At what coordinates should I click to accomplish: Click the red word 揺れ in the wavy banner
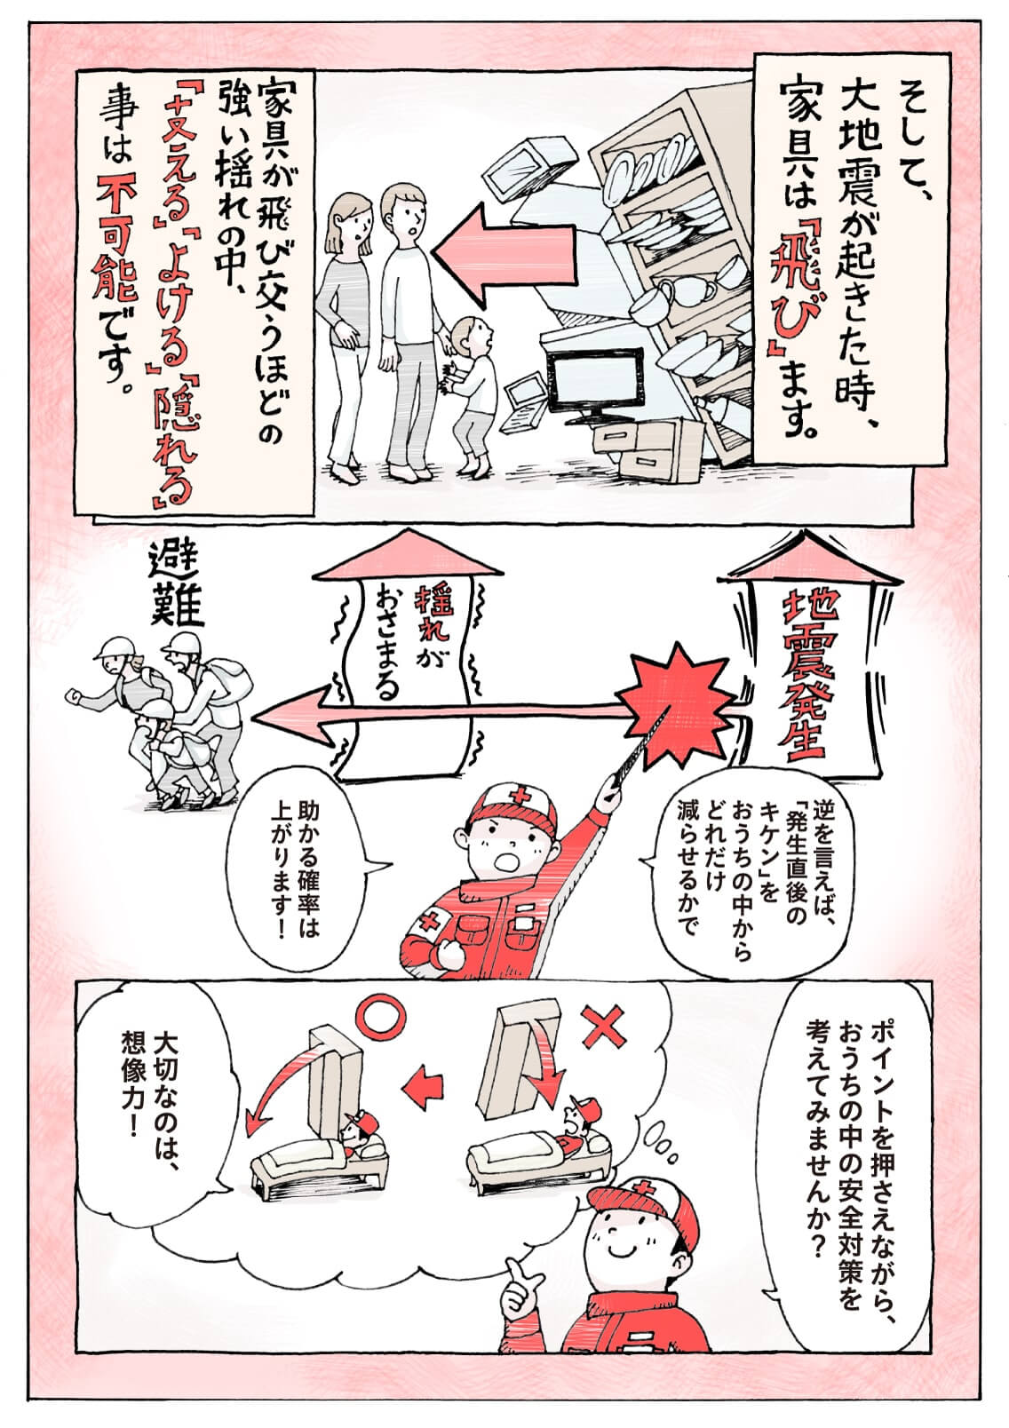pos(429,613)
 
